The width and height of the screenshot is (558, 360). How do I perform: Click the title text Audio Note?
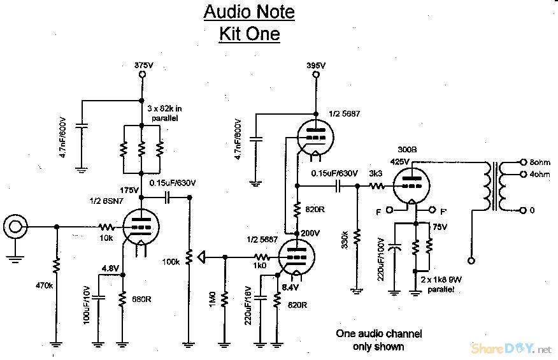(248, 11)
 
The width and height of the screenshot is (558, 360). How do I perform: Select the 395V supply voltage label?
(316, 65)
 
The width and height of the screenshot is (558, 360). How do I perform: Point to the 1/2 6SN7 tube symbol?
(139, 227)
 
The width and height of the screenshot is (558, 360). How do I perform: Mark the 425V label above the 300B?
(400, 162)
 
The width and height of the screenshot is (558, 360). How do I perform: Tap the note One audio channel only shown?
(378, 340)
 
